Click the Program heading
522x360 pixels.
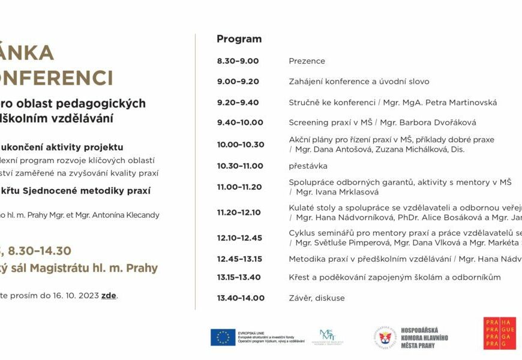click(x=239, y=39)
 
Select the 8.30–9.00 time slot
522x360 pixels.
click(x=238, y=61)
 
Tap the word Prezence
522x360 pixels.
click(x=307, y=61)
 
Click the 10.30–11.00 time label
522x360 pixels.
click(x=240, y=166)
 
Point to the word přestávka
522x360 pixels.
click(x=308, y=166)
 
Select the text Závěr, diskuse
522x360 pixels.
click(x=317, y=298)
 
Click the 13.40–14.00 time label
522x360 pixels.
click(x=241, y=298)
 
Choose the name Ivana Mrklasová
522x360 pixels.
click(x=349, y=192)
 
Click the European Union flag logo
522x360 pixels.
click(x=223, y=337)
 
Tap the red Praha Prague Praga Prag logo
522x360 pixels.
click(x=499, y=334)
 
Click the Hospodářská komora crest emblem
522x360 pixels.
click(x=384, y=337)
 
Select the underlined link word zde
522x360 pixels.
click(x=109, y=295)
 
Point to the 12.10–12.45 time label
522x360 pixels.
click(x=239, y=238)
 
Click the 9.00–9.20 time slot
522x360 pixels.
click(x=238, y=82)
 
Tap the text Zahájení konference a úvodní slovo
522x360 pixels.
click(x=359, y=82)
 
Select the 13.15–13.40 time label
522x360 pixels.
click(x=239, y=277)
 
